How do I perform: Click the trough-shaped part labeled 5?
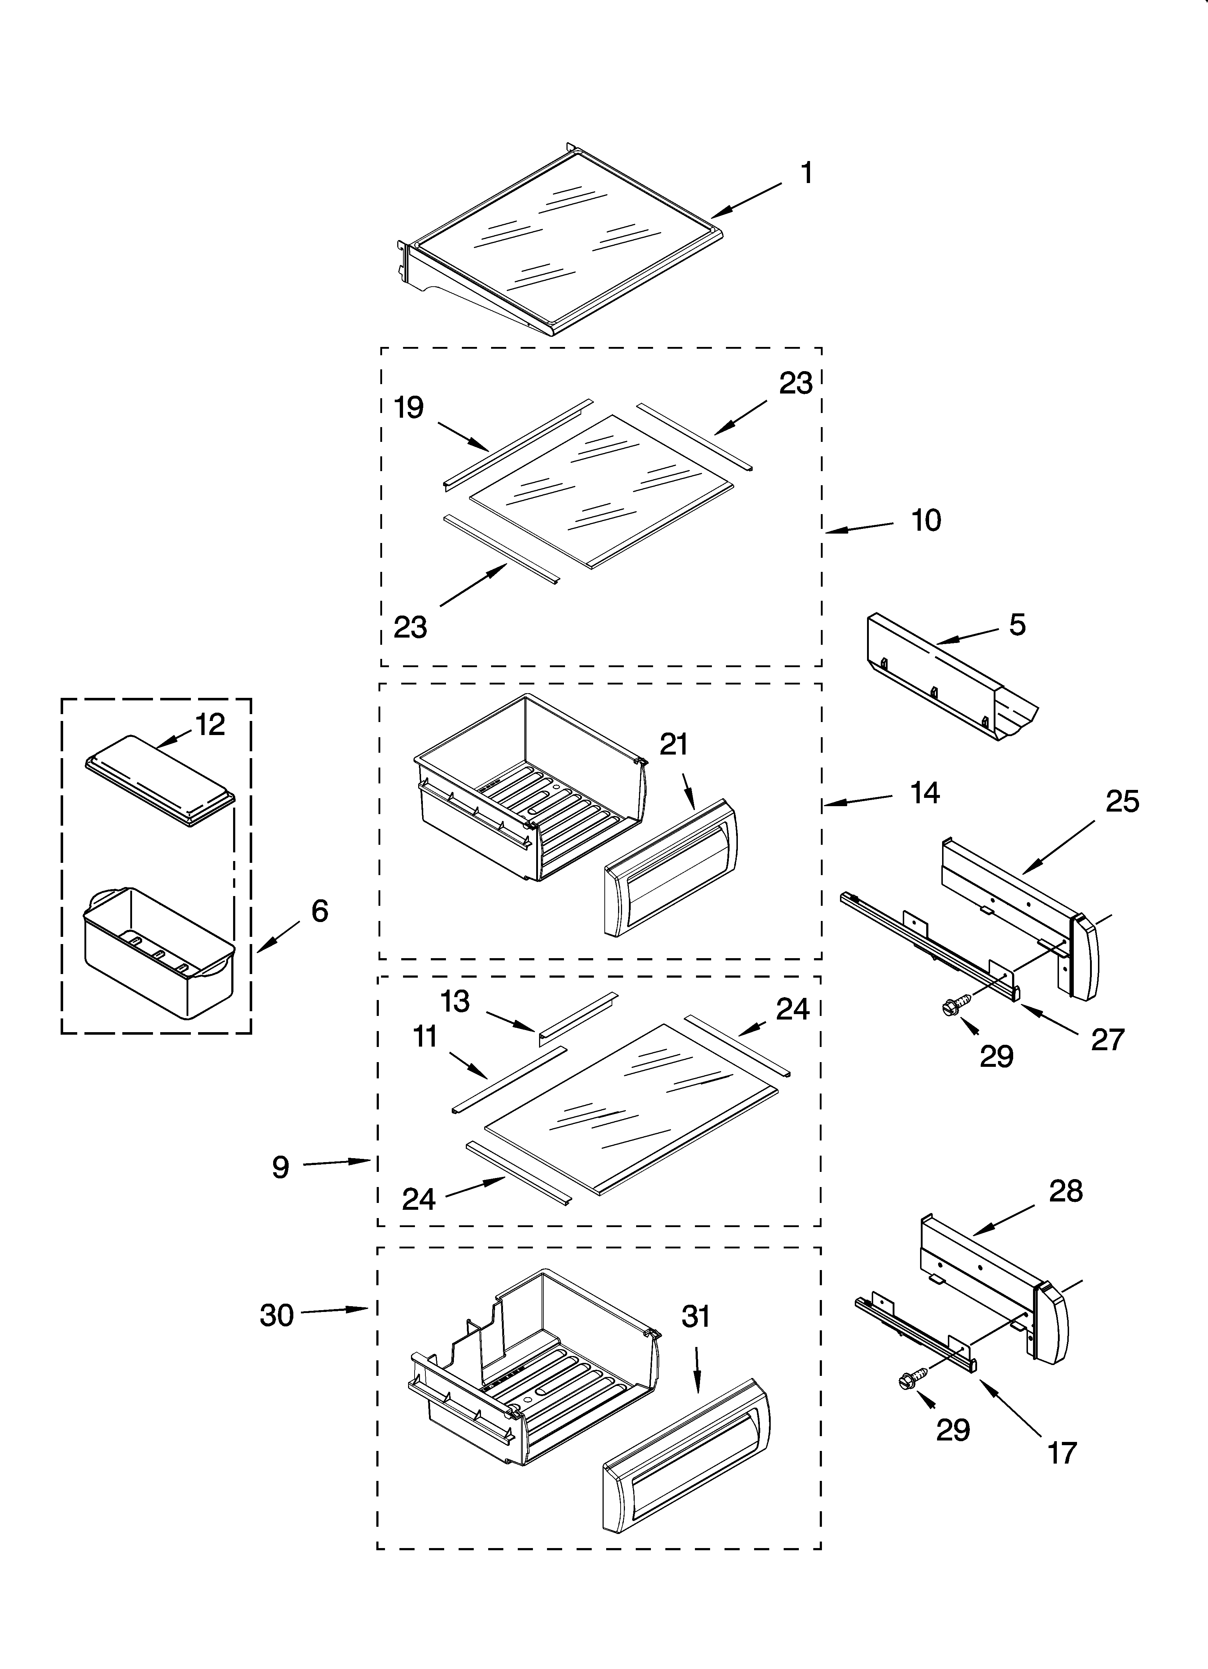click(x=949, y=681)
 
